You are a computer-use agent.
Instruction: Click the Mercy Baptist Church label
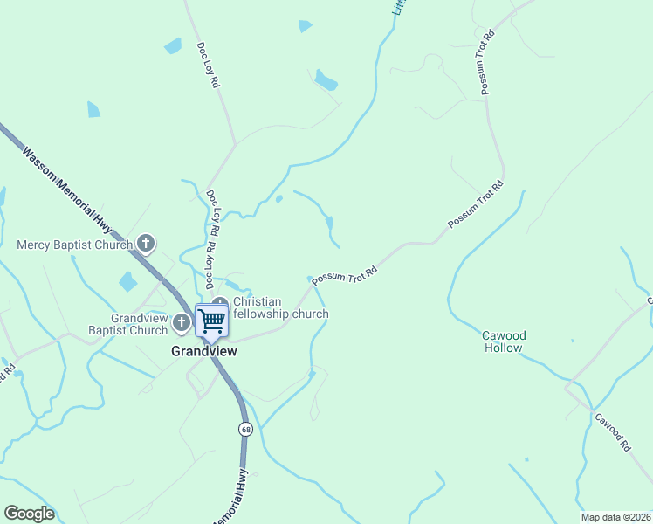[74, 245]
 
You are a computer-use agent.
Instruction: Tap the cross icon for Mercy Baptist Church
[146, 245]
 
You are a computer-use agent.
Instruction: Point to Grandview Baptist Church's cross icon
[182, 323]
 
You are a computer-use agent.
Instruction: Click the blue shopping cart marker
[211, 321]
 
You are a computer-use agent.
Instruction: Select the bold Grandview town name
[203, 351]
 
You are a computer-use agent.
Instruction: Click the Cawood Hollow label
[504, 341]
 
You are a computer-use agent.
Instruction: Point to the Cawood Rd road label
[612, 431]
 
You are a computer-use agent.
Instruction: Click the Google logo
[29, 514]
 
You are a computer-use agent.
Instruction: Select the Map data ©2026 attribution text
[615, 517]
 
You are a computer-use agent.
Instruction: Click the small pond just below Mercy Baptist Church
[128, 281]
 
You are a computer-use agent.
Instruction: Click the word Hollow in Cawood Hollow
[504, 348]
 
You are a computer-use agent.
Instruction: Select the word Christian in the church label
[257, 302]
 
